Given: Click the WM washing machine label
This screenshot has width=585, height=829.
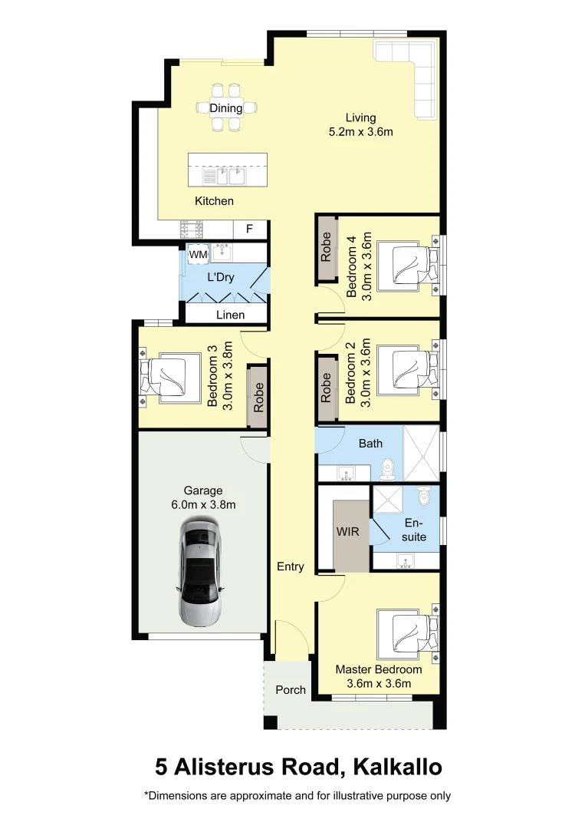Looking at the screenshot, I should pyautogui.click(x=198, y=254).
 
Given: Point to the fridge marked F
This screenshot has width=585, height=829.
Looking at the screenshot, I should pyautogui.click(x=249, y=229).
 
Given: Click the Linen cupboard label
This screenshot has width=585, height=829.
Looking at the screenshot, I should pyautogui.click(x=230, y=315).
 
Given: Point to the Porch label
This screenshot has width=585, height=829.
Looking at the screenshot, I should pyautogui.click(x=291, y=689).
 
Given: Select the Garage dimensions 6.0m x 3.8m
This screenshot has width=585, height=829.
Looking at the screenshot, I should pyautogui.click(x=203, y=504).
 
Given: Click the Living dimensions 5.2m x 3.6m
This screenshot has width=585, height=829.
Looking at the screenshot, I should pyautogui.click(x=360, y=131).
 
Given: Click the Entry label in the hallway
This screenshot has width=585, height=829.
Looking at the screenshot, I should pyautogui.click(x=290, y=566).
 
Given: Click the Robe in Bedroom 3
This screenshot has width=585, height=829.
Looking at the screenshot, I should pyautogui.click(x=258, y=397).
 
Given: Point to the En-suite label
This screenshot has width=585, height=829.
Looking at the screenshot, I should pyautogui.click(x=414, y=529).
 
